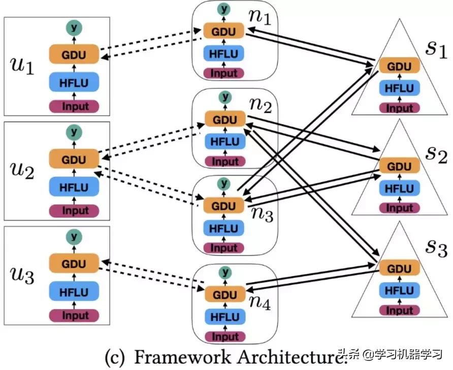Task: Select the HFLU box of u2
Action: (x=74, y=187)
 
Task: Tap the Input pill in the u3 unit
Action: (x=74, y=316)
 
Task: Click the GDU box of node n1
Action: (x=224, y=32)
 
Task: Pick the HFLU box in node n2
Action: (x=224, y=141)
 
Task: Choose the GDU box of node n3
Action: (x=224, y=206)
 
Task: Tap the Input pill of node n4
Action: (x=224, y=336)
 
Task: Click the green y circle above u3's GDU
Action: (x=74, y=236)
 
